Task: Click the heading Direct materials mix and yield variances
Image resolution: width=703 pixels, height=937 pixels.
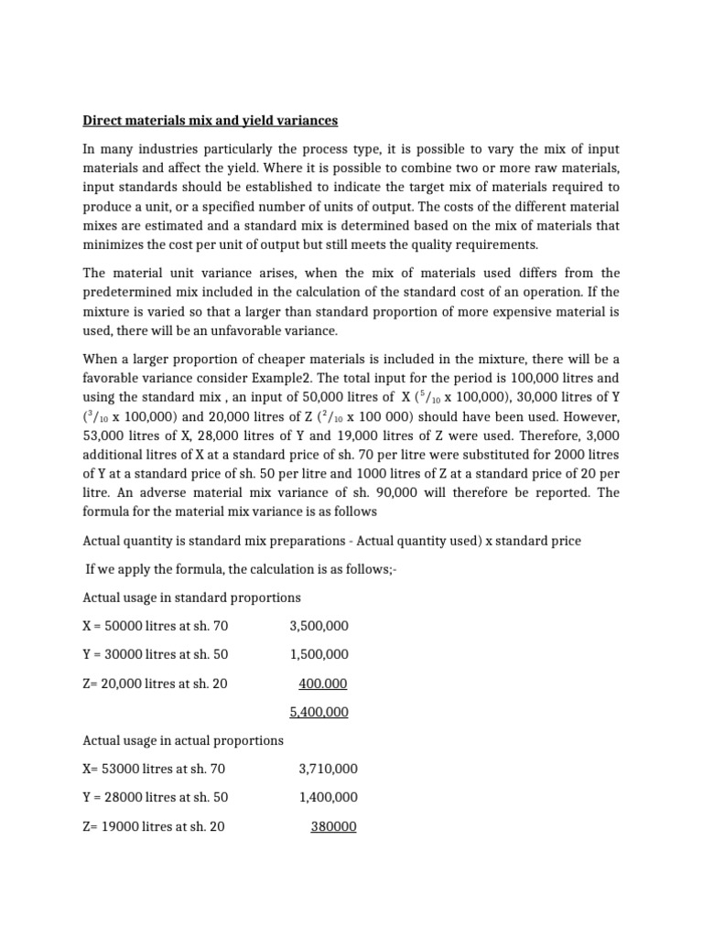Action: point(211,120)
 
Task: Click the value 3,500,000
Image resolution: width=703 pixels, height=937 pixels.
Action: point(319,626)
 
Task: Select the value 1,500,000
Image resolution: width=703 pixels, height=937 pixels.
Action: point(319,654)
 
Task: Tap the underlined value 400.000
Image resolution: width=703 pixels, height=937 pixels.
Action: point(323,684)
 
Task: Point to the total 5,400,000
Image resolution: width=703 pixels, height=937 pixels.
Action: point(319,712)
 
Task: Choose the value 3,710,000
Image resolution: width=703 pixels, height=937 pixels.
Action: point(328,769)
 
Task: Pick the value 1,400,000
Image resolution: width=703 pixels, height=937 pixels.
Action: point(328,797)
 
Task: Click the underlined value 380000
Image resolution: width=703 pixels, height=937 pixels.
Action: point(334,826)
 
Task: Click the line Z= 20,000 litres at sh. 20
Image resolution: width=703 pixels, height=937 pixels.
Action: point(155,684)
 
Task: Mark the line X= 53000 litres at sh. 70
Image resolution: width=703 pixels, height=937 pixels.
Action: point(154,769)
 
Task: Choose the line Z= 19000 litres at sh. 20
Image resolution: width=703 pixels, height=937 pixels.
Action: point(154,826)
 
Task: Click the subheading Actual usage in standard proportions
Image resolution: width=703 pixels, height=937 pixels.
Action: point(191,598)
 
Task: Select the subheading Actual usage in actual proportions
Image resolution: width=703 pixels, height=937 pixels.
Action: point(183,740)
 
